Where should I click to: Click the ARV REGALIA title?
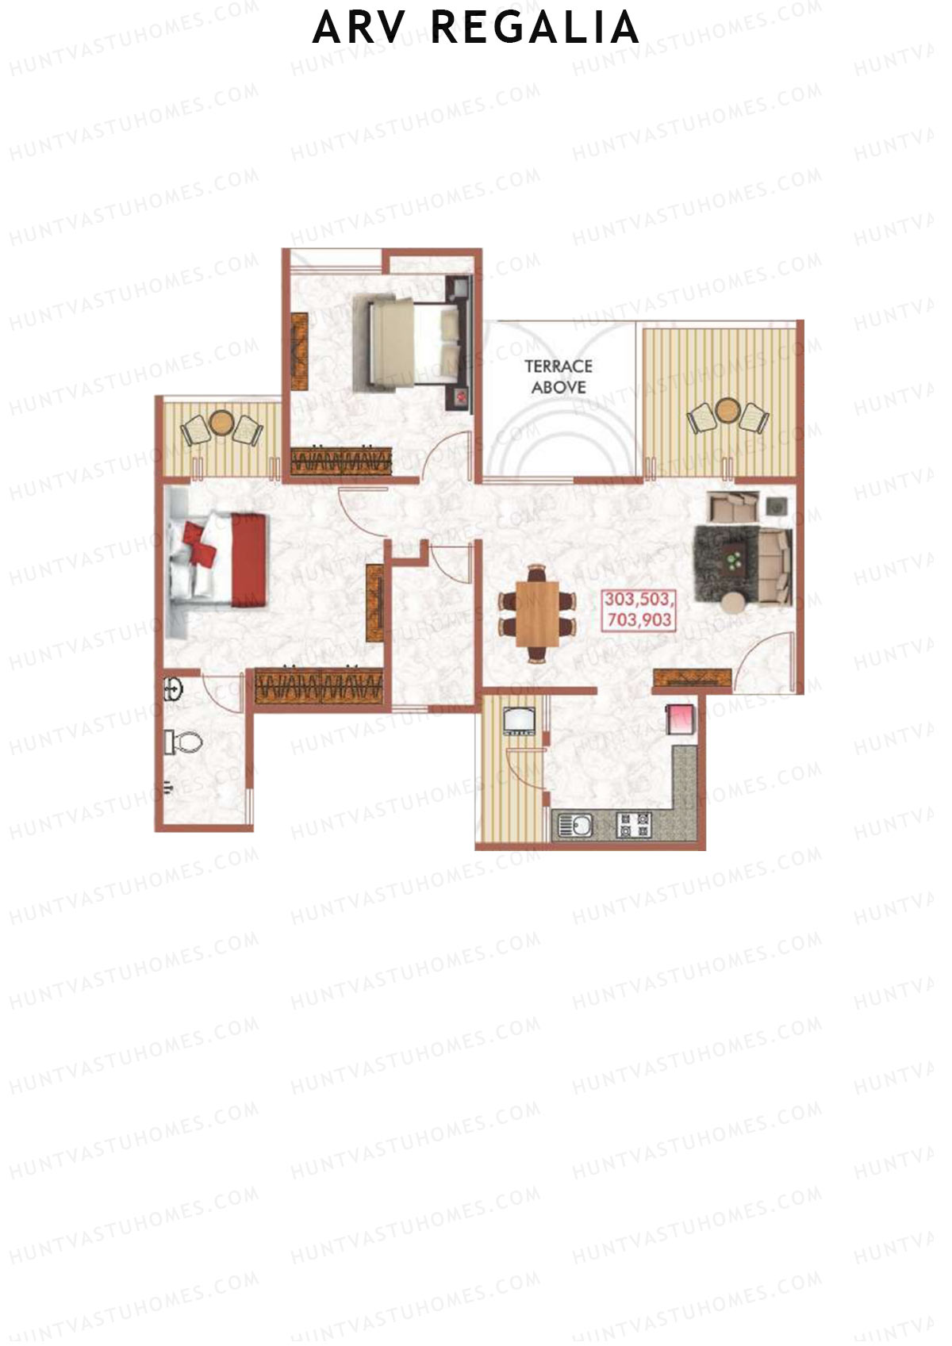click(x=476, y=29)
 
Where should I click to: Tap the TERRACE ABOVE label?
click(x=559, y=377)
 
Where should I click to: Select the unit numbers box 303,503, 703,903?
click(x=639, y=609)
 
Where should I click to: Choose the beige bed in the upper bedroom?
click(x=405, y=343)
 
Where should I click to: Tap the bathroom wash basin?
click(x=173, y=689)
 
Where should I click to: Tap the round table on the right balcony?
click(x=727, y=410)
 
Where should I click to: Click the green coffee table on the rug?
click(x=733, y=560)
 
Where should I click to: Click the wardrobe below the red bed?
click(x=320, y=685)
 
